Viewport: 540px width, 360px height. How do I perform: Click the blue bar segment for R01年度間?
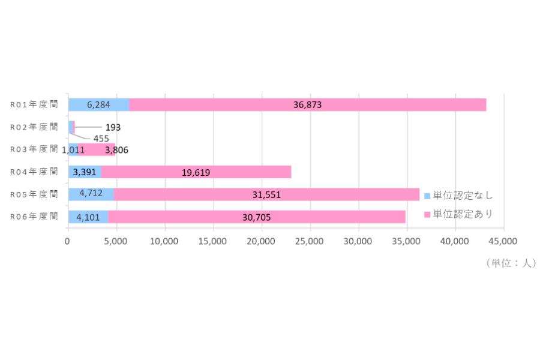point(99,105)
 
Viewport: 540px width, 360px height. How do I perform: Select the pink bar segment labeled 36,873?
point(308,105)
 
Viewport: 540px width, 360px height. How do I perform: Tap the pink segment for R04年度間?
point(196,172)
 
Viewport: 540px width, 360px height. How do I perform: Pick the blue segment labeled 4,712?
point(91,194)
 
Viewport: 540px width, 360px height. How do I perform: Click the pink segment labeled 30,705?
point(257,217)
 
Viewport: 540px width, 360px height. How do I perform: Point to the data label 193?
point(113,127)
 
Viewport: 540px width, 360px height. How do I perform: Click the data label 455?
point(101,139)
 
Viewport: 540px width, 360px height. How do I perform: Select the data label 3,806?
point(117,150)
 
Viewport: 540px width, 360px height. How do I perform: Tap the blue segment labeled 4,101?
point(88,217)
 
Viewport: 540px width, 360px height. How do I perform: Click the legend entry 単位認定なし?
point(459,196)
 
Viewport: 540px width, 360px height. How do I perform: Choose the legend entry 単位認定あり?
point(459,214)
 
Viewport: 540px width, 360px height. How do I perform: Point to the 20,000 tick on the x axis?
point(261,241)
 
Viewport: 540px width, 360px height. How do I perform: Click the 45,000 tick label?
point(503,241)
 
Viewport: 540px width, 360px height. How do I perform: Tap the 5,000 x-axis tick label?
point(116,241)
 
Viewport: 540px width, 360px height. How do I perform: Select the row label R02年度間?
point(34,127)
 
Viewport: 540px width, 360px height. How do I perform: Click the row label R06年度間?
point(34,217)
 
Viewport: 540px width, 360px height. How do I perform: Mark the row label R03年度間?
point(34,149)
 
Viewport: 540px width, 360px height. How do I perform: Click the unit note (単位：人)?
point(511,263)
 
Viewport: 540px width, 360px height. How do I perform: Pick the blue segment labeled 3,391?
point(85,172)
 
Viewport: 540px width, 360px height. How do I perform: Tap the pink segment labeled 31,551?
point(266,194)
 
